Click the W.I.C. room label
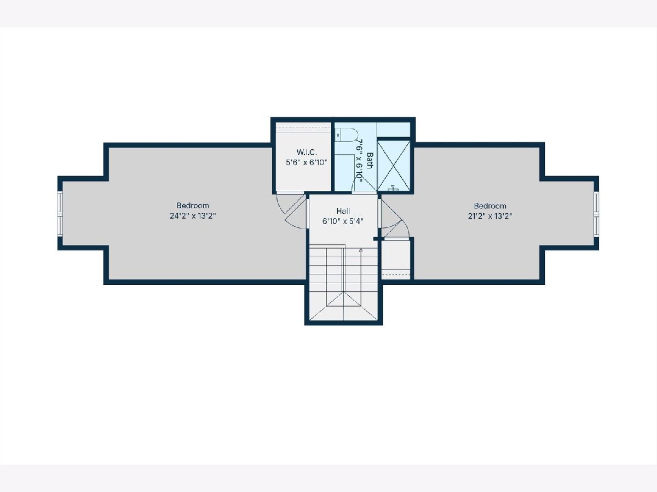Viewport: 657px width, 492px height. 307,152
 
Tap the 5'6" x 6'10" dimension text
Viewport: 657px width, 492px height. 307,162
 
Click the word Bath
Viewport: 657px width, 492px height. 370,160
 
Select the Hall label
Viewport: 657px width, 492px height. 343,211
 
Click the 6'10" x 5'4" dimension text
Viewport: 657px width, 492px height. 343,221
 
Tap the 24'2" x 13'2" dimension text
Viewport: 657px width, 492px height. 193,216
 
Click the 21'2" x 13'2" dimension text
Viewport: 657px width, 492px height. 490,216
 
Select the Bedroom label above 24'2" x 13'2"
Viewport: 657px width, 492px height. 193,206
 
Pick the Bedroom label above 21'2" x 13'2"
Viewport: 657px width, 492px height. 490,206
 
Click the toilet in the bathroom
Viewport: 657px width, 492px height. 347,135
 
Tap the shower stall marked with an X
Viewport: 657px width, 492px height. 393,165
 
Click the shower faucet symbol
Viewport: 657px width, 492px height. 393,188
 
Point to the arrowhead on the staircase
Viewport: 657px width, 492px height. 361,250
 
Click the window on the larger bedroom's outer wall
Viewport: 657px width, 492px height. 60,213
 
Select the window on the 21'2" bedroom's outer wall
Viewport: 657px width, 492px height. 597,213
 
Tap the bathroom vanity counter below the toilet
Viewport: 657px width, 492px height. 344,172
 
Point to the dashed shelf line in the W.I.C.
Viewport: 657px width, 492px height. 303,127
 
